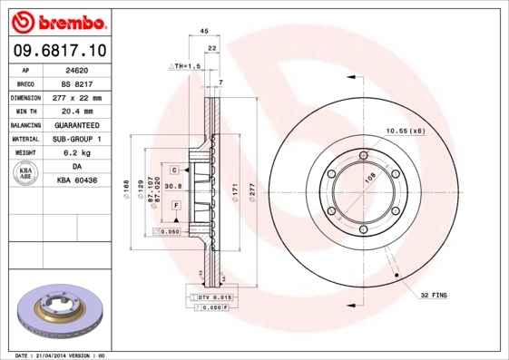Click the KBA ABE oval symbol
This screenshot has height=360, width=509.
(26, 174)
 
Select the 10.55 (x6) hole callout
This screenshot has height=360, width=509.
(405, 131)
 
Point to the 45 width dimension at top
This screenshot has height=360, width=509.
(204, 30)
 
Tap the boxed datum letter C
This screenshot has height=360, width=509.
(171, 169)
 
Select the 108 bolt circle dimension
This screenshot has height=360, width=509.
(369, 179)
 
